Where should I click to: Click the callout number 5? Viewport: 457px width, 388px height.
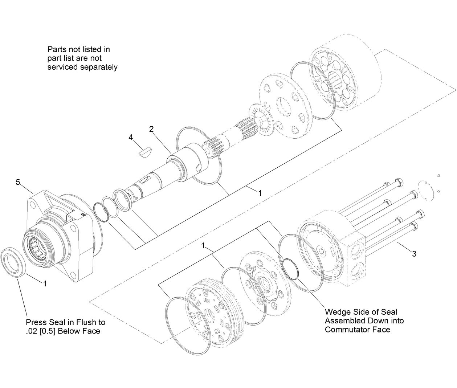[x=18, y=182]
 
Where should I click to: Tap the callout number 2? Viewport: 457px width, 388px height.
[x=151, y=128]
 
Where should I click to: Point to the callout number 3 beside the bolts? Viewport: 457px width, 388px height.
[x=414, y=254]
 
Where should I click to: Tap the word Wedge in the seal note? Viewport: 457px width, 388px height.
[x=338, y=312]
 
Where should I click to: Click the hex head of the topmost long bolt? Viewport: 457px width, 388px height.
[x=397, y=181]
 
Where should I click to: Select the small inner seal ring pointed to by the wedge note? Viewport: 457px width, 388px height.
[x=289, y=269]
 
